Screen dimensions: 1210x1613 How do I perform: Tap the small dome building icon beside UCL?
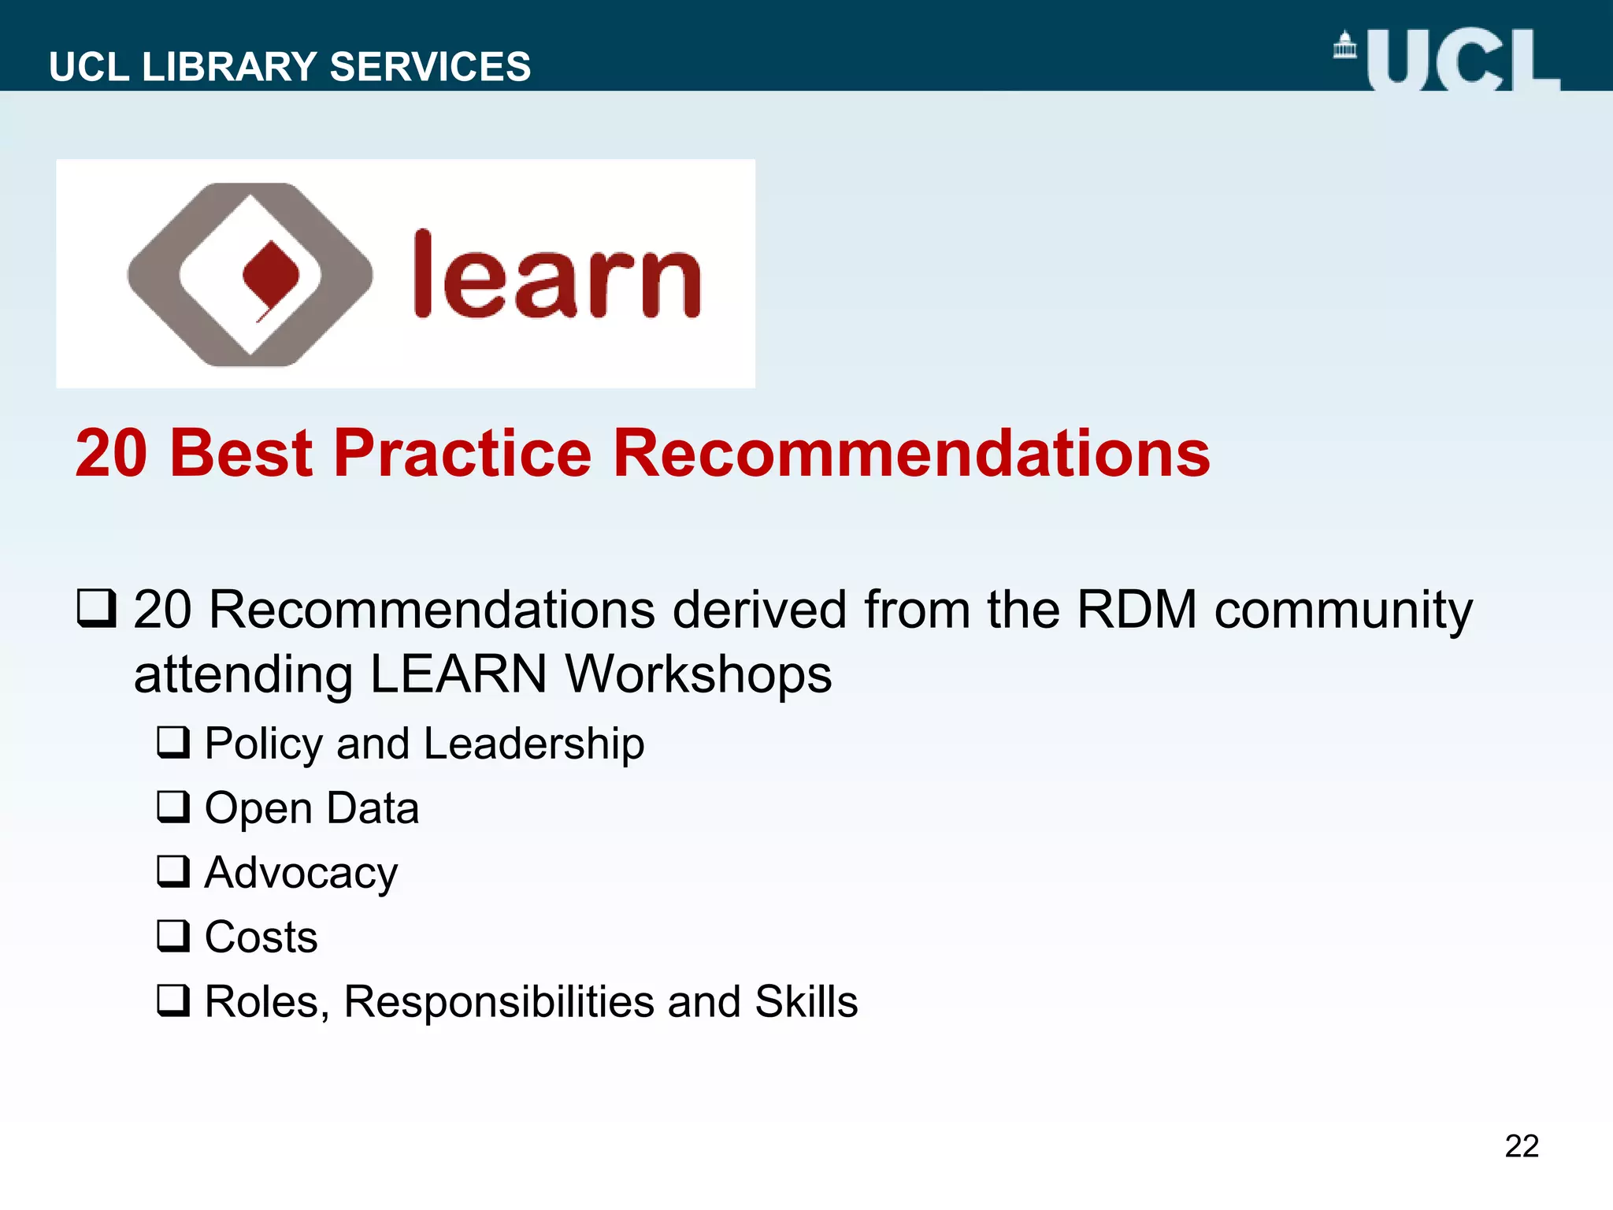pos(1345,46)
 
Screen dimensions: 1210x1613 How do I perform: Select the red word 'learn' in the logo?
pos(557,277)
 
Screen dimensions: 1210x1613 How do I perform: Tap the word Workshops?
pos(698,674)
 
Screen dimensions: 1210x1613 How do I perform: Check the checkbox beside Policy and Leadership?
pos(173,742)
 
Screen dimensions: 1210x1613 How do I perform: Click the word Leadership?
pos(534,744)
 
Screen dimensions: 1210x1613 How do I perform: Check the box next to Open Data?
pos(173,807)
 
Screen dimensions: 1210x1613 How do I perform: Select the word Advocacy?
pos(301,874)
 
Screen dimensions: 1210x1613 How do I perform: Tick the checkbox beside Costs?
pos(173,936)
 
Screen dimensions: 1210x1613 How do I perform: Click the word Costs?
pos(261,937)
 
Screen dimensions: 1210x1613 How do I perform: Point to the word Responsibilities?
pos(499,1002)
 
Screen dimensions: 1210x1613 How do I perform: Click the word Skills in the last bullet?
pos(806,1002)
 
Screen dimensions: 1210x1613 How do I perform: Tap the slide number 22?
pos(1521,1146)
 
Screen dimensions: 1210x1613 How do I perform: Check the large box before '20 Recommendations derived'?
pos(97,609)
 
